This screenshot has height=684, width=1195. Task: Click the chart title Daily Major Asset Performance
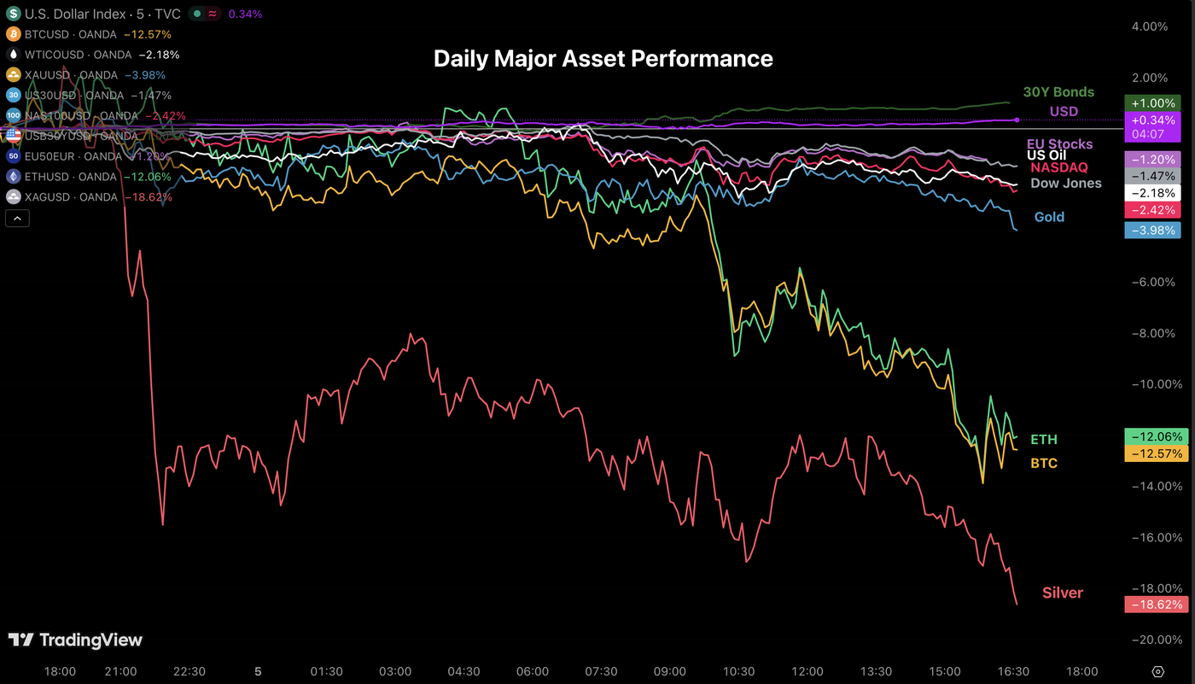[603, 59]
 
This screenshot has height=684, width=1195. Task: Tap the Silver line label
[1062, 593]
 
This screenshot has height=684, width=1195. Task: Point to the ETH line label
[1043, 440]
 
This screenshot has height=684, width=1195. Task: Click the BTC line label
[1043, 463]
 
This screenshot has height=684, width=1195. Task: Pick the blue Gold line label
[1049, 217]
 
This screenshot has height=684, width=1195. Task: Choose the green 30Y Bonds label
[1058, 92]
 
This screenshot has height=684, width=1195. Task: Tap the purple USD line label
[1064, 112]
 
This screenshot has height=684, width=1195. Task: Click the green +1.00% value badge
[1152, 102]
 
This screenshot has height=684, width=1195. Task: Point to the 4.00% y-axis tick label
[1149, 26]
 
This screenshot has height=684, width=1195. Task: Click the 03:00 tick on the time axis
[395, 671]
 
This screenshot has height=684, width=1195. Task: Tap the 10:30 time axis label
[738, 671]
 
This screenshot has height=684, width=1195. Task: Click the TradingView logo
[75, 640]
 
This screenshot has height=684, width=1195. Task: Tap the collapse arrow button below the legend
[17, 219]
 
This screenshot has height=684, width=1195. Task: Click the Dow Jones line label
[1065, 183]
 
